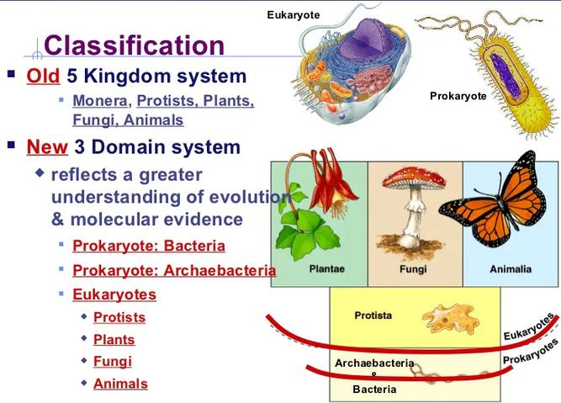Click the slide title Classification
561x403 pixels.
[x=135, y=45]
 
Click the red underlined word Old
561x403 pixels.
[x=43, y=76]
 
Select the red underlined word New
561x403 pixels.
[x=47, y=146]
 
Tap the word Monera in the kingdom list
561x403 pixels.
[x=100, y=101]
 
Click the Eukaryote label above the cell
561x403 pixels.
[x=294, y=15]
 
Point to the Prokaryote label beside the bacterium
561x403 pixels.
[x=458, y=96]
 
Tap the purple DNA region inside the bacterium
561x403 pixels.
[x=505, y=76]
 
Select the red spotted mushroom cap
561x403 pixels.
[x=414, y=178]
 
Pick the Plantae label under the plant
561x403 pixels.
[x=326, y=268]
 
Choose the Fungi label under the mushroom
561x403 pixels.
[x=413, y=268]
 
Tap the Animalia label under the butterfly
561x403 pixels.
[x=511, y=269]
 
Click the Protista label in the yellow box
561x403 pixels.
[x=373, y=316]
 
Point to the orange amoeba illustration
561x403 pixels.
[x=451, y=319]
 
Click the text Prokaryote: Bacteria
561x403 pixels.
[x=149, y=246]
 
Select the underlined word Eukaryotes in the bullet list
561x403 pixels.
[x=114, y=294]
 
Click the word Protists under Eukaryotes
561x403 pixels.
[x=119, y=317]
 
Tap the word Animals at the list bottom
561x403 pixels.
[x=120, y=384]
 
